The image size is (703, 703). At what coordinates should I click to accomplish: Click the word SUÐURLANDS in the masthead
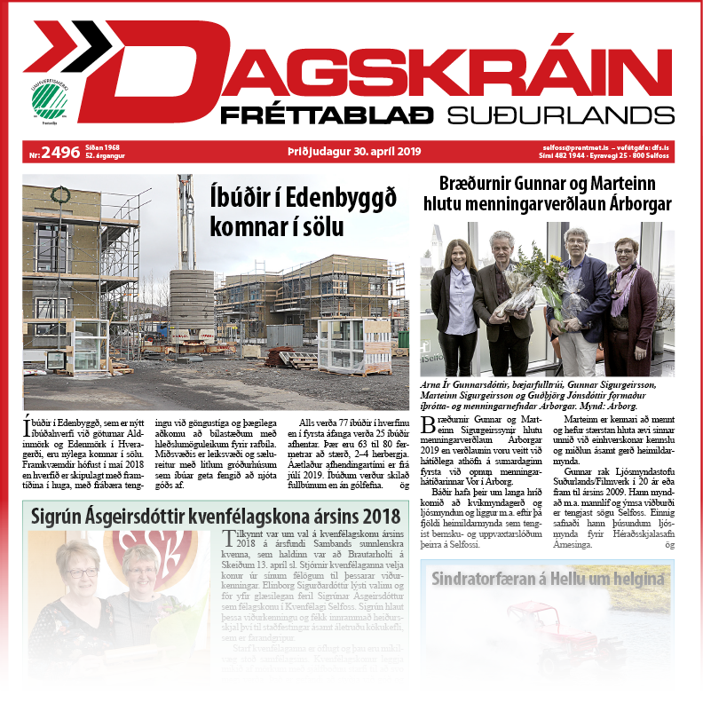pos(559,115)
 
